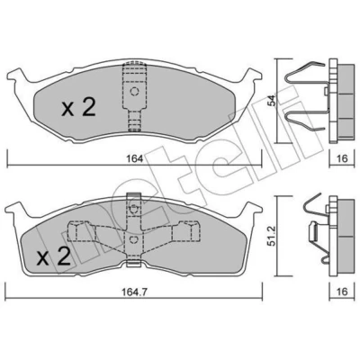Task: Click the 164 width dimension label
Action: (134, 158)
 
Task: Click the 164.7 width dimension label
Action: (134, 292)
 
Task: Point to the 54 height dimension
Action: (272, 101)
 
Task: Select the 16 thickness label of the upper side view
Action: (342, 158)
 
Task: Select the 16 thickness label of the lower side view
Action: (342, 292)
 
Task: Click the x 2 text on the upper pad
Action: (78, 108)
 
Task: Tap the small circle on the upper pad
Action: (135, 91)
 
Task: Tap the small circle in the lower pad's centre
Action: (133, 239)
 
